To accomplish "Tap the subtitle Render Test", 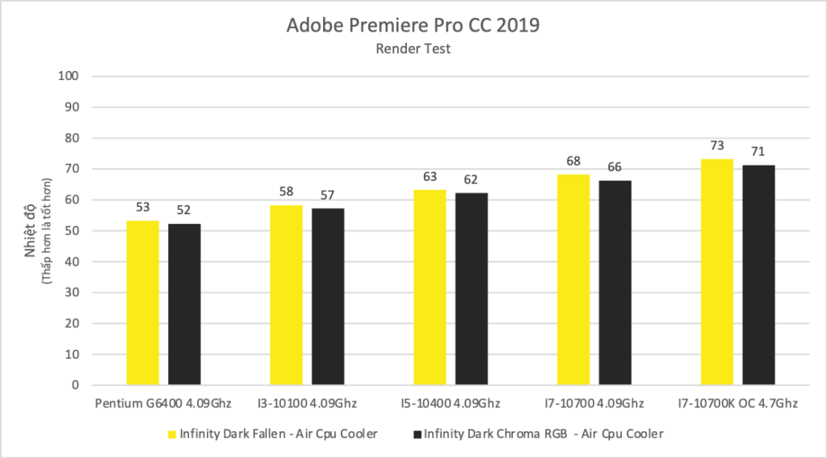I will [x=413, y=48].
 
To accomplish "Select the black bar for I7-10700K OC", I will [x=758, y=275].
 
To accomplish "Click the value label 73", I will [x=717, y=145].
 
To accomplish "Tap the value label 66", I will [x=615, y=166].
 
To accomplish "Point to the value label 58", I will [x=286, y=191].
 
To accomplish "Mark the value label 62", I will [x=472, y=179].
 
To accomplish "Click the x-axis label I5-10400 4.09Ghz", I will [x=451, y=403].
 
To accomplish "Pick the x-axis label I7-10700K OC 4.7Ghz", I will [x=737, y=403].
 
